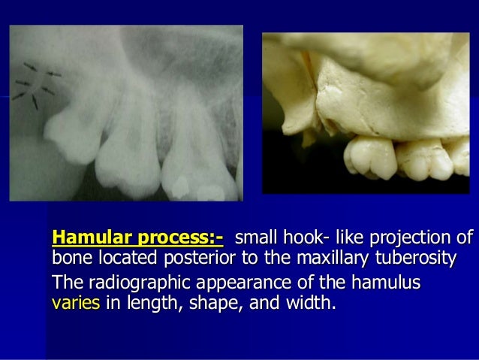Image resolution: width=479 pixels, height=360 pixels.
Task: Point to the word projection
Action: point(415,239)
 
